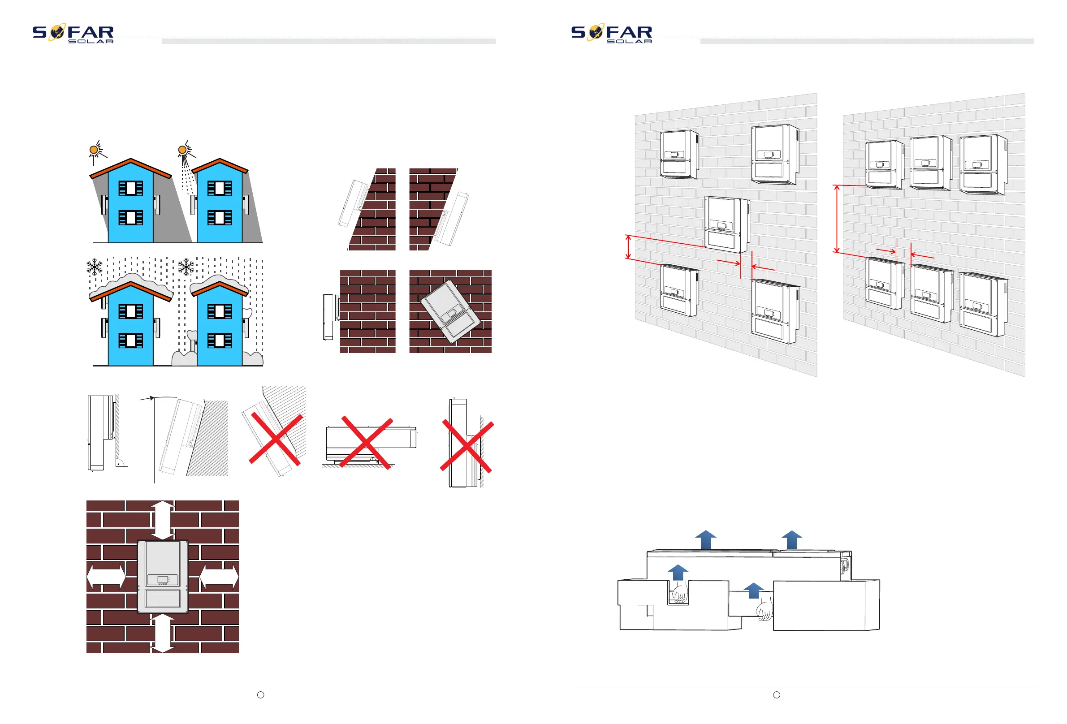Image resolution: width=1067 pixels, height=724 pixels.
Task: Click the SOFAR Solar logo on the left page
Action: (73, 33)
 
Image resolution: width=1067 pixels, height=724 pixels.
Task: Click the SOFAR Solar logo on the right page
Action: (612, 33)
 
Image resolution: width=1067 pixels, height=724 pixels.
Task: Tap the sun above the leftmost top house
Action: (94, 150)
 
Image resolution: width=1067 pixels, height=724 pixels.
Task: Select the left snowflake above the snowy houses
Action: (95, 267)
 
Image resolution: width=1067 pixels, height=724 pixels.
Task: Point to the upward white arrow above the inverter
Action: (163, 520)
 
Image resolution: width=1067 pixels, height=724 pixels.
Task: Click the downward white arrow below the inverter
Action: (163, 633)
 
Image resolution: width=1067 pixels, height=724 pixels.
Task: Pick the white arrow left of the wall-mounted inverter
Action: (106, 577)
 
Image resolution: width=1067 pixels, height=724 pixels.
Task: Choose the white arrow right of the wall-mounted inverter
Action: (219, 577)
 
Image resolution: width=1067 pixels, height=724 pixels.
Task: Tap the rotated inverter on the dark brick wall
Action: (450, 311)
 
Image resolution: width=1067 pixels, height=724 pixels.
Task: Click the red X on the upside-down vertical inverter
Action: (467, 446)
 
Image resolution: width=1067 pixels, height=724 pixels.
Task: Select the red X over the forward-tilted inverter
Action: (276, 440)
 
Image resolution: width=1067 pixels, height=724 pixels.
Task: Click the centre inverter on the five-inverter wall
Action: (727, 224)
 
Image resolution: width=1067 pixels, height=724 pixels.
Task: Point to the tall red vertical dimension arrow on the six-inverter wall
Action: (837, 219)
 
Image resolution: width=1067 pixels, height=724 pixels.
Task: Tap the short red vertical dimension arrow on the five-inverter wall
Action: (629, 247)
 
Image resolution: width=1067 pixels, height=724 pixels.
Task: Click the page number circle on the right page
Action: (776, 694)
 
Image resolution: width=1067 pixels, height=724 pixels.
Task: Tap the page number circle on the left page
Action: (260, 694)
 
